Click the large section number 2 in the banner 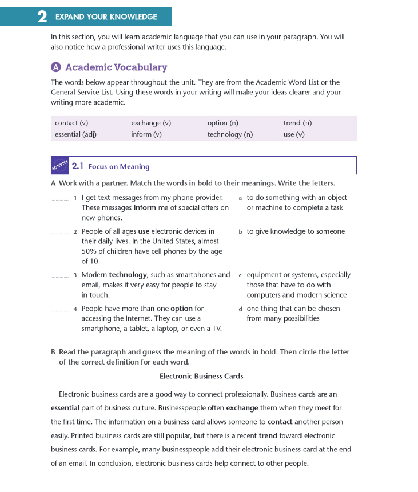pos(42,17)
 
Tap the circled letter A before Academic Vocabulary pos(56,67)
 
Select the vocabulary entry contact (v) pos(71,123)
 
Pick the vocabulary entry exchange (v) pos(151,123)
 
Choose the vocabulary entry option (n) pos(223,123)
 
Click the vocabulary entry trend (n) pos(297,123)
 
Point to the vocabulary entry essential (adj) pos(75,134)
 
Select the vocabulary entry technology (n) pos(230,134)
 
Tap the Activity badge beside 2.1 pos(59,166)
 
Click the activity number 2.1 pos(78,166)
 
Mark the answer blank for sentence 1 pos(59,199)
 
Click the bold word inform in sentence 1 pos(145,207)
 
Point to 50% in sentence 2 pos(89,251)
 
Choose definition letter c pos(241,275)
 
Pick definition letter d pos(241,309)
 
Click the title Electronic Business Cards pos(201,376)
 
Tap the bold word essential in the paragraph pos(65,409)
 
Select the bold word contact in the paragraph pos(280,422)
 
